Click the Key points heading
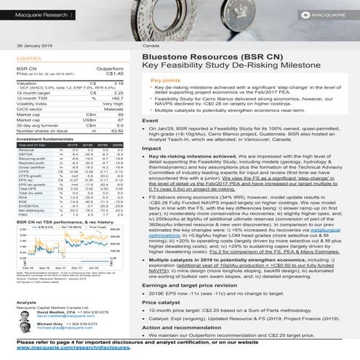pyautogui.click(x=165, y=80)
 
